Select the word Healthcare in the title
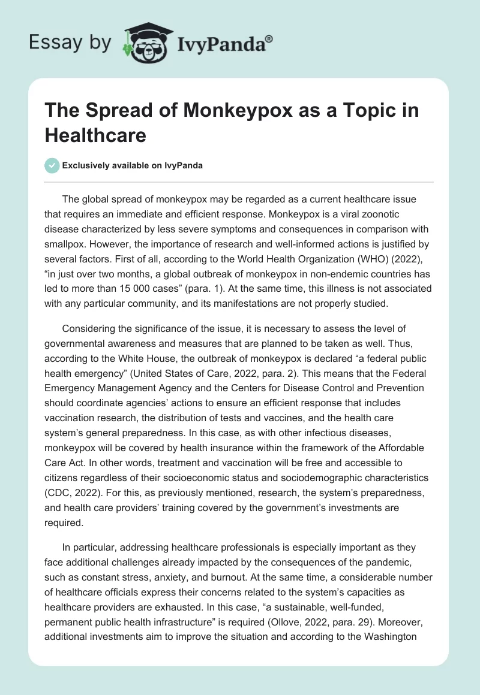96,135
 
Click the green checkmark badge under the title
53,165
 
